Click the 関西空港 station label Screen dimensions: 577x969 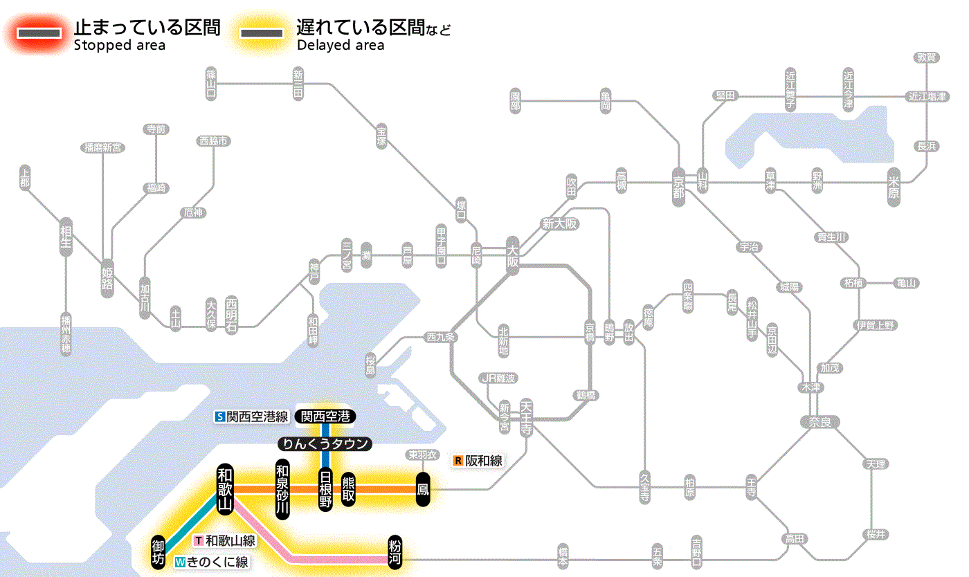point(325,416)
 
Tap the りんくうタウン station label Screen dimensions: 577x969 point(325,444)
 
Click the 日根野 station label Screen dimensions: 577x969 point(325,489)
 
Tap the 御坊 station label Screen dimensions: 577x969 point(159,551)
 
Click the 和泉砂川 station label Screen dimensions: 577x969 point(282,488)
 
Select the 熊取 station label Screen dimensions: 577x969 point(348,489)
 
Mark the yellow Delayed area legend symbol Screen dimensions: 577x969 point(261,33)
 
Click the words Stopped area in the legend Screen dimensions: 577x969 point(119,46)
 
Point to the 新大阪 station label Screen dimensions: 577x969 point(559,224)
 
